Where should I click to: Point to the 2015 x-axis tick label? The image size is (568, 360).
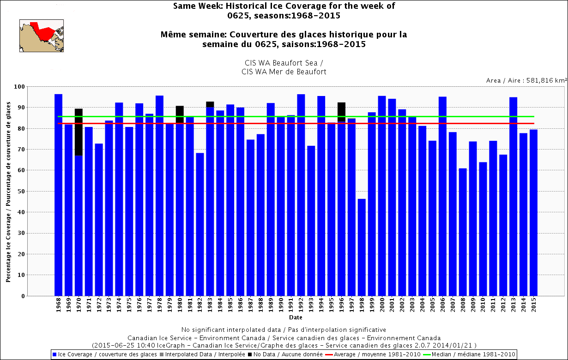click(533, 306)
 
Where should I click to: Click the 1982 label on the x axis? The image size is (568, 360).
click(200, 306)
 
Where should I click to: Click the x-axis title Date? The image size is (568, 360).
click(296, 318)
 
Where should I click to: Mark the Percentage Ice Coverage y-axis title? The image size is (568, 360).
click(9, 191)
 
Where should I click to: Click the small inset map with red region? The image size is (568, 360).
click(41, 35)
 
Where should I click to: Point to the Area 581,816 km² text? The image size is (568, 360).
click(526, 80)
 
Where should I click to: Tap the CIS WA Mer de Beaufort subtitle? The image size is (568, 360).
click(284, 72)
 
